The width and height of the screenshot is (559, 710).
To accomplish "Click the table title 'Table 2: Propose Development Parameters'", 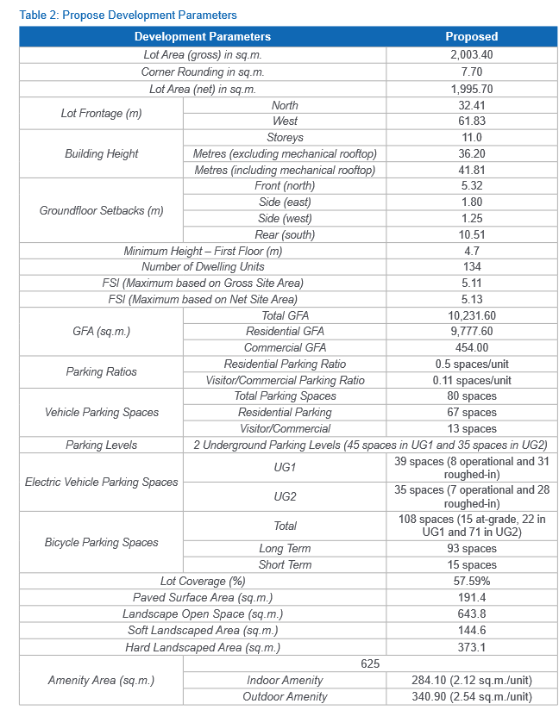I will pos(128,15).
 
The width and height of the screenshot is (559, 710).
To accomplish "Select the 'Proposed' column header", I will pos(471,37).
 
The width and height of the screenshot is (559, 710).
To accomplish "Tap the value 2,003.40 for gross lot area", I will pos(471,53).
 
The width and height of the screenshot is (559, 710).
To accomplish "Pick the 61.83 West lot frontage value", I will pos(471,121).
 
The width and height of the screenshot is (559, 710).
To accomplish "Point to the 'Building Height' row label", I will pos(101,153).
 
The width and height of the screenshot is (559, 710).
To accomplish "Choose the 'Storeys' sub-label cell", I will pos(285,137).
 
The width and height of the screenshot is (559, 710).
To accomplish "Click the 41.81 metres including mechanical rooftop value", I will pos(471,170).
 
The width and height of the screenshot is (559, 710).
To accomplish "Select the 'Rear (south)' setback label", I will pos(285,234).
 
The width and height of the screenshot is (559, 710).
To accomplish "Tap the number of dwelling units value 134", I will pos(471,267).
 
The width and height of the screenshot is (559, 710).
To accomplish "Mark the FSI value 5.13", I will pos(471,299).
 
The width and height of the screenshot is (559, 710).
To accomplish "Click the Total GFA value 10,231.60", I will pos(471,315).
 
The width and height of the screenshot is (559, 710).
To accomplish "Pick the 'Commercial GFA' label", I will pos(285,347).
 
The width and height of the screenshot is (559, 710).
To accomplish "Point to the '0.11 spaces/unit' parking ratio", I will pos(471,380).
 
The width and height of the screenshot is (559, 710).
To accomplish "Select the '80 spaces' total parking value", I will pos(471,396).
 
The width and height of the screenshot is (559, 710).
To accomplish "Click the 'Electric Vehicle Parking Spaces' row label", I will pos(101,483).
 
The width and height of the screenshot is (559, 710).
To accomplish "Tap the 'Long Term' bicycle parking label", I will pos(285,549).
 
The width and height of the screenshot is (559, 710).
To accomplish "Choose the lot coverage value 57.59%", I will pos(471,581).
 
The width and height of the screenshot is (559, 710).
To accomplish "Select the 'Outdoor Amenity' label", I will pos(285,696).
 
